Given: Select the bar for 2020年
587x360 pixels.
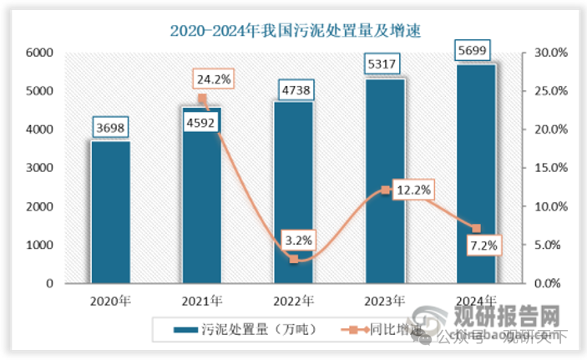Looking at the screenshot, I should coord(110,213).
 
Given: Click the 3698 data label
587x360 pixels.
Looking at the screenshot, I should coord(110,127).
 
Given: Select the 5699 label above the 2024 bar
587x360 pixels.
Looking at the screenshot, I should coord(475,51).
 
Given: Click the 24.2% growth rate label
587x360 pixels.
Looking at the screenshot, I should coord(214,80).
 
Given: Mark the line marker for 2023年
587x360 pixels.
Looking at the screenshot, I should coord(385,190).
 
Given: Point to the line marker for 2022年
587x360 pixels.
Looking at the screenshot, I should coord(293,259).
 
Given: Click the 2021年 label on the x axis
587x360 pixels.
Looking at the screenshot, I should coord(201,300).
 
